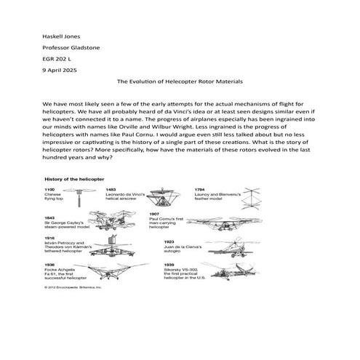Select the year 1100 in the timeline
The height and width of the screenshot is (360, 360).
tap(51, 189)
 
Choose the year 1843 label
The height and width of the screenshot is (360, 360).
tap(51, 217)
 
